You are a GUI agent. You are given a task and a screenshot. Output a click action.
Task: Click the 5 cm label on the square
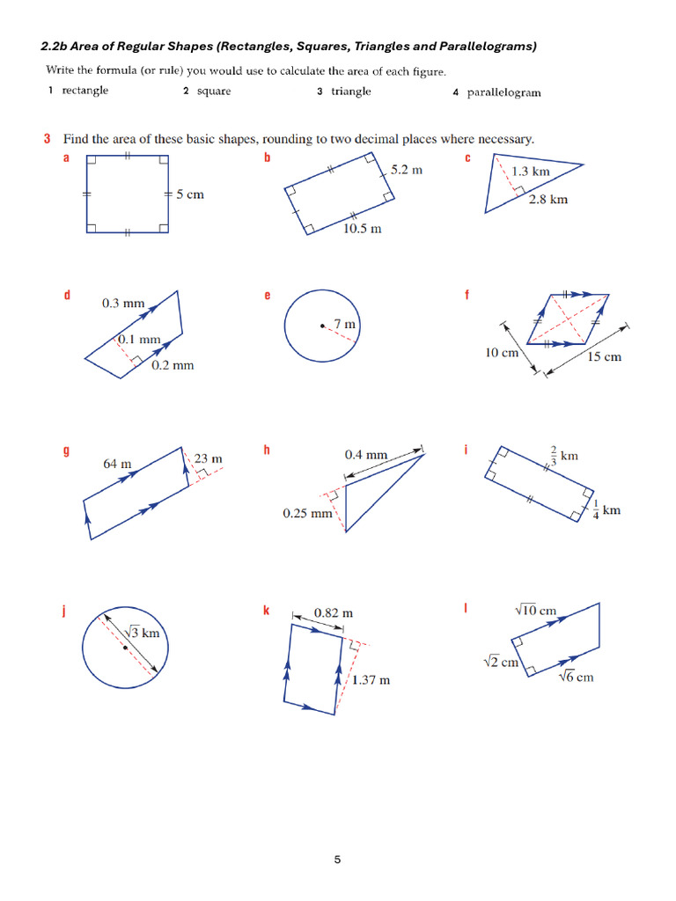[189, 194]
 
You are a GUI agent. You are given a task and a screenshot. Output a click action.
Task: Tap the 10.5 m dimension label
[363, 229]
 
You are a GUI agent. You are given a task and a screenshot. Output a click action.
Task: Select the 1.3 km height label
[531, 172]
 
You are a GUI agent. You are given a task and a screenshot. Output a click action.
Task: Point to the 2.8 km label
[548, 200]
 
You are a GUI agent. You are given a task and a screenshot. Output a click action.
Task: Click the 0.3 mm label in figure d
[122, 304]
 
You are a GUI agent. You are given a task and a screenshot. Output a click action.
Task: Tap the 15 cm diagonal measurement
[604, 356]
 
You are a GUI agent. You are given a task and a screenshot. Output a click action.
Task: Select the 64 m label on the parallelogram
[117, 464]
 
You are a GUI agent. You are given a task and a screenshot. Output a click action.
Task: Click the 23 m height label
[209, 458]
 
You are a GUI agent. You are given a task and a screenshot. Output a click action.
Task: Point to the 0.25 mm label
[308, 513]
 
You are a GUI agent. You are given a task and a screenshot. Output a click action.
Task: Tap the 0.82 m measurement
[334, 612]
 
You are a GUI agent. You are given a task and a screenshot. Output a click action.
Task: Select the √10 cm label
[535, 610]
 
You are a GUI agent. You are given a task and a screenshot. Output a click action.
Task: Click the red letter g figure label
[66, 450]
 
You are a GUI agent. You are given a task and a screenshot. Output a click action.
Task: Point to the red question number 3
[46, 139]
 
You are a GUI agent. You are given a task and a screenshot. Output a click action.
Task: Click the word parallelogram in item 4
[503, 92]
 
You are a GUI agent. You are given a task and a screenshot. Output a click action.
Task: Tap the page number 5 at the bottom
[337, 860]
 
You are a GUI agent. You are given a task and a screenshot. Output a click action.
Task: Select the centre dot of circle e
[322, 326]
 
